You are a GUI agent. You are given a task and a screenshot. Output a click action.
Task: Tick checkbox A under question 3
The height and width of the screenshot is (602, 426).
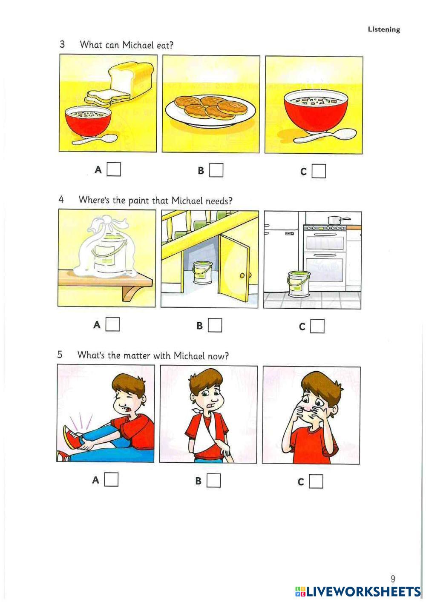pos(114,169)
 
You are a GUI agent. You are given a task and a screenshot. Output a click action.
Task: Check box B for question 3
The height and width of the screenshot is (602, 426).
pos(216,170)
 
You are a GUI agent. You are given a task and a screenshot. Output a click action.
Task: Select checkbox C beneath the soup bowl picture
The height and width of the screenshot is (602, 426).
pos(319,171)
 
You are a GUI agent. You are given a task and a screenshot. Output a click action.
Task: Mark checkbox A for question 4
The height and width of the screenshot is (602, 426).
pos(112,324)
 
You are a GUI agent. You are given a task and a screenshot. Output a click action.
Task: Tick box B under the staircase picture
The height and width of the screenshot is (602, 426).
pos(215,325)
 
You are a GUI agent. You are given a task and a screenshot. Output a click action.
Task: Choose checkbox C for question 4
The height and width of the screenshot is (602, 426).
pos(317,326)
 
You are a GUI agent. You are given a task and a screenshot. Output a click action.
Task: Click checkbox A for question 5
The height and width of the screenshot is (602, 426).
pos(111,479)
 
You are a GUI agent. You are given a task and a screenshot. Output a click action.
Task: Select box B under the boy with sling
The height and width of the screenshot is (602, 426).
pos(213,480)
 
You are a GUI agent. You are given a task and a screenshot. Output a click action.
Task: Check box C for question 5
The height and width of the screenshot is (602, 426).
pos(316,481)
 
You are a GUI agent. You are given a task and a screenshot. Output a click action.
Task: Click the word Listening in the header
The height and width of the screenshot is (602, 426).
pos(384,29)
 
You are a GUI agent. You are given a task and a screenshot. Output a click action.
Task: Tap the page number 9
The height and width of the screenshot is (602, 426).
pos(393,578)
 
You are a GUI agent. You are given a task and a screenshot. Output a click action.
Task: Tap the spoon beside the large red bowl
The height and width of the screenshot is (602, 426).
pos(325,136)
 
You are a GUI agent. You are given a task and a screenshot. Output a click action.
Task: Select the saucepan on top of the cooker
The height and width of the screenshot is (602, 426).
pos(337,220)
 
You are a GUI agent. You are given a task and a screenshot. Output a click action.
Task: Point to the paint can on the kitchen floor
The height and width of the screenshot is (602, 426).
pos(298,284)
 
